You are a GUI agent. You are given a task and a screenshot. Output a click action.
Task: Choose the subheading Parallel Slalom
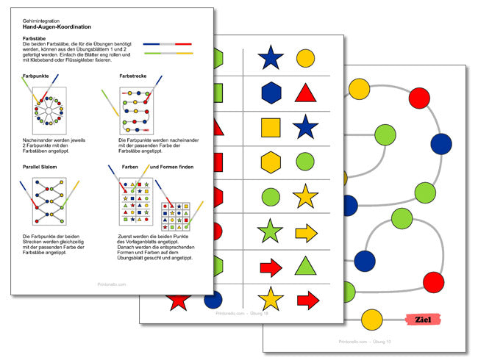[43, 168]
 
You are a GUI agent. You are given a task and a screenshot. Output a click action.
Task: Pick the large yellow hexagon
[271, 162]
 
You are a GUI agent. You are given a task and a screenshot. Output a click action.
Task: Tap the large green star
[271, 231]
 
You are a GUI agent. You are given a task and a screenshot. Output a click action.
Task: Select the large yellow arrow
[306, 233]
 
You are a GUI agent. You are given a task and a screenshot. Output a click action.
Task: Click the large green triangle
[306, 265]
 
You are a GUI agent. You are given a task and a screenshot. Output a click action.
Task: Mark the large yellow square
[271, 127]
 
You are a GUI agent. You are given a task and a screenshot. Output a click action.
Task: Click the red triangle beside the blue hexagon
[306, 92]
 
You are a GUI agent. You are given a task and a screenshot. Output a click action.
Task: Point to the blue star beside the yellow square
[305, 126]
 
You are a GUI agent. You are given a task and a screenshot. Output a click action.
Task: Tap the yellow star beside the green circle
[305, 196]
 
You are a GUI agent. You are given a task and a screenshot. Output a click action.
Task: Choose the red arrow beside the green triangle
[271, 266]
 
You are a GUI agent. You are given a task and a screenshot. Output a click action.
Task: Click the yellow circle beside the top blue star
[305, 58]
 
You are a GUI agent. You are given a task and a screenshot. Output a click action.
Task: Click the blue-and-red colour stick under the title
[168, 45]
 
